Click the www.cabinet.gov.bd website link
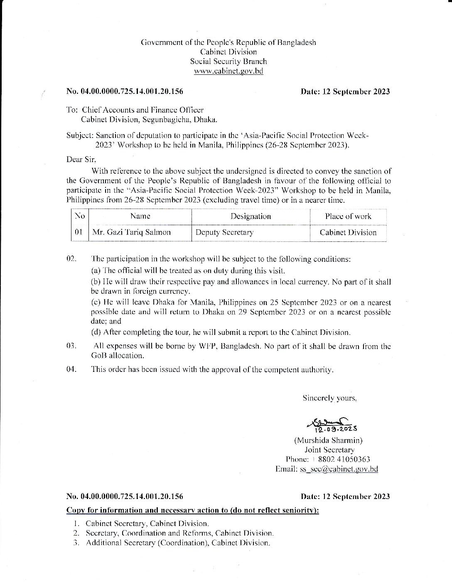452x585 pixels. [x=228, y=71]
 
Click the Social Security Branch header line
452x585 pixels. [x=228, y=61]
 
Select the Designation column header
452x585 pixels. [x=251, y=216]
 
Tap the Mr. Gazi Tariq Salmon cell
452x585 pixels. [x=131, y=233]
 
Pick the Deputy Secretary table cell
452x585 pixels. [x=224, y=233]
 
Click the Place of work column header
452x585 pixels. [x=348, y=216]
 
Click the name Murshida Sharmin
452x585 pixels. [x=330, y=440]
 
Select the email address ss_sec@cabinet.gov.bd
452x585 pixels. [x=339, y=469]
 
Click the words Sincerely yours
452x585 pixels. [x=329, y=398]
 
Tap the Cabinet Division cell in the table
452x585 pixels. [x=348, y=233]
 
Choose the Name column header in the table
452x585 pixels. [x=140, y=216]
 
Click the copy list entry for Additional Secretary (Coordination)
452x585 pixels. [x=178, y=543]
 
